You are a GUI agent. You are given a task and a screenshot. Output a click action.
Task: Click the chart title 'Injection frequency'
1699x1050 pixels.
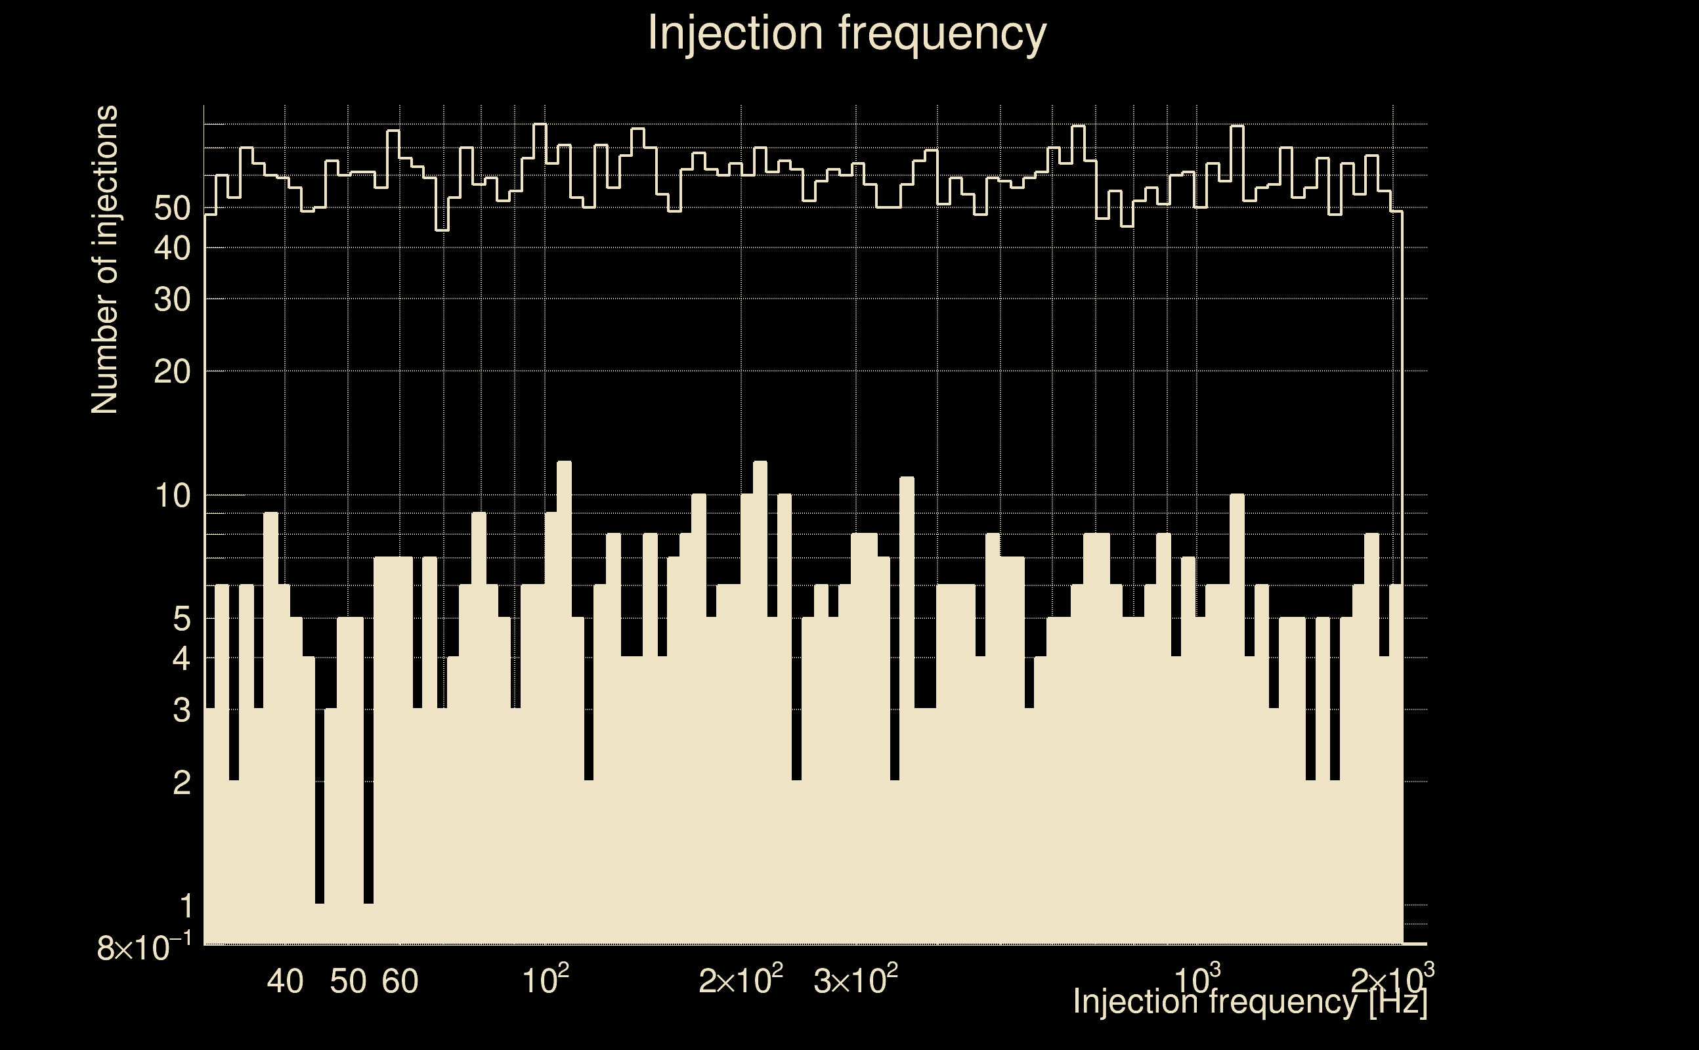point(847,33)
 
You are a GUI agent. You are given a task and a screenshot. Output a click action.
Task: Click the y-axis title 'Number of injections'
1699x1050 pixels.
point(104,260)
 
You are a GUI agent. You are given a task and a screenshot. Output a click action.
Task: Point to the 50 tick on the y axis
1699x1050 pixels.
point(171,208)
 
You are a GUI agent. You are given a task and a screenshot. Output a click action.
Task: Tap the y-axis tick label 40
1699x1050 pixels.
point(171,248)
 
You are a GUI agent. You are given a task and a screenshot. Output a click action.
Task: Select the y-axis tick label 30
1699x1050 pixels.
point(171,299)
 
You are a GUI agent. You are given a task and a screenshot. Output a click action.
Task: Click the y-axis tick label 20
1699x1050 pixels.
point(171,372)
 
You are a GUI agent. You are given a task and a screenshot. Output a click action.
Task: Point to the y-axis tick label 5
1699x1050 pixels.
point(181,618)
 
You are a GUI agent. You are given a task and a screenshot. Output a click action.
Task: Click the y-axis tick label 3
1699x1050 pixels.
point(181,711)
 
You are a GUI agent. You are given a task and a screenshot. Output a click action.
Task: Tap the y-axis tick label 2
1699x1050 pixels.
point(181,783)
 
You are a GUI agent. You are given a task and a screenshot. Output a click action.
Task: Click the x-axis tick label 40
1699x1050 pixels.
point(285,981)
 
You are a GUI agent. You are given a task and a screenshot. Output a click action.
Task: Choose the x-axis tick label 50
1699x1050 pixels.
point(348,981)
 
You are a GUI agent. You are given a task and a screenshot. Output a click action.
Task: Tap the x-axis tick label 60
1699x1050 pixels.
point(400,981)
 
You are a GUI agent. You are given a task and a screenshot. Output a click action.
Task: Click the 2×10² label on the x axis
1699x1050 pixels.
point(741,980)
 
